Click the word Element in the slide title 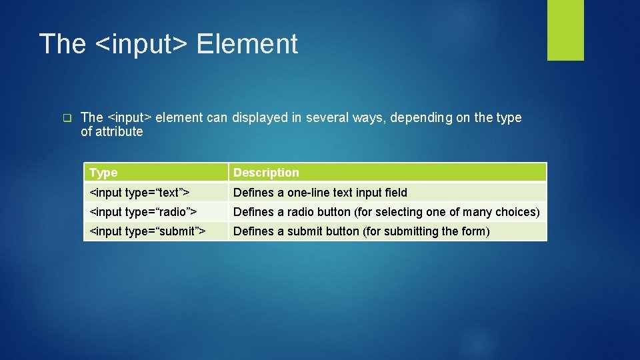pyautogui.click(x=247, y=44)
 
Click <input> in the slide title pyautogui.click(x=141, y=44)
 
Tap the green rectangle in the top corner pyautogui.click(x=565, y=29)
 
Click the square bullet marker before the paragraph pyautogui.click(x=67, y=118)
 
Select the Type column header pyautogui.click(x=103, y=173)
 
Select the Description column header pyautogui.click(x=266, y=173)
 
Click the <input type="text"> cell pyautogui.click(x=139, y=193)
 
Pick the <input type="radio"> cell pyautogui.click(x=143, y=212)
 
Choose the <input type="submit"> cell pyautogui.click(x=147, y=231)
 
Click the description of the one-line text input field pyautogui.click(x=320, y=193)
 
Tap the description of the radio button pyautogui.click(x=386, y=212)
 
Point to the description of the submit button pyautogui.click(x=361, y=231)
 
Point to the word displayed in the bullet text pyautogui.click(x=259, y=118)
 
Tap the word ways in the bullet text pyautogui.click(x=367, y=118)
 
